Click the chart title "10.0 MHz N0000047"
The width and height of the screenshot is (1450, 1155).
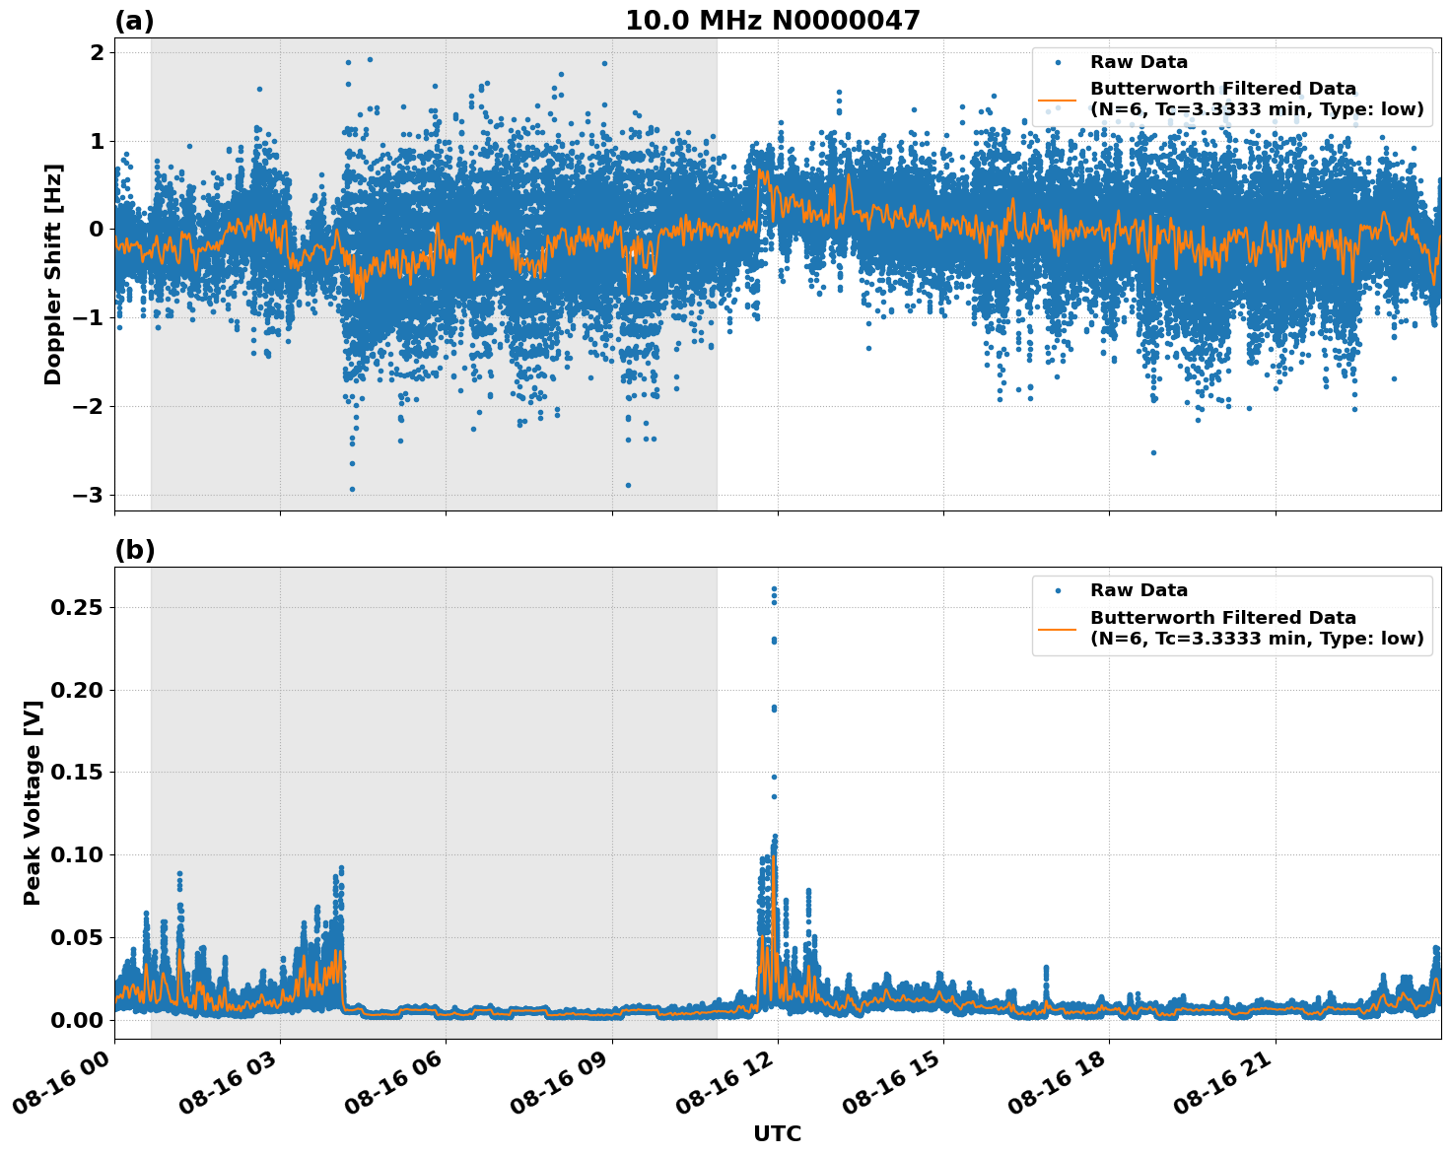coord(773,21)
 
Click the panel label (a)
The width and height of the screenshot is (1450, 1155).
coord(134,21)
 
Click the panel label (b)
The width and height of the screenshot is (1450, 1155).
coord(134,550)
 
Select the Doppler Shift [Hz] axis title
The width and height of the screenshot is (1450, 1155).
coord(53,274)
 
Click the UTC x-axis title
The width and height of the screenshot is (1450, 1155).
coord(777,1133)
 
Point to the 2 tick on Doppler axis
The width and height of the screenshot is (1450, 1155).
coord(97,52)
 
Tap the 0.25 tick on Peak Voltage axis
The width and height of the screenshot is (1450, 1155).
coord(77,607)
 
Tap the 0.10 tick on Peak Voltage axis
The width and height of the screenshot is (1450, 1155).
coord(77,854)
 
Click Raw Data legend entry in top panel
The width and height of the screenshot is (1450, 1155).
coord(1139,62)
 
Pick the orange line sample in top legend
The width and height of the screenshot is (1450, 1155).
coord(1057,100)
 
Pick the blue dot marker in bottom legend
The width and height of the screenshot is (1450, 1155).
coord(1057,590)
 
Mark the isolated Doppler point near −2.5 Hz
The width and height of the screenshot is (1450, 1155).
coord(1153,452)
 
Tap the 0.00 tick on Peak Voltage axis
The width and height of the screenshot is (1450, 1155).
coord(77,1019)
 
